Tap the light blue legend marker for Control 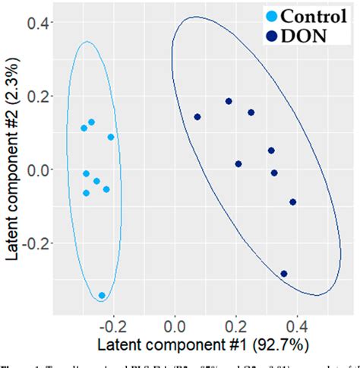click(270, 15)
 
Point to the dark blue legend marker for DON click(270, 34)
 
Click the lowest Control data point click(102, 296)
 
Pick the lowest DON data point click(284, 274)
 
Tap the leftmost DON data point click(197, 117)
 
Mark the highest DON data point click(229, 101)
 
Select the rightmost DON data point click(293, 202)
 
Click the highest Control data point click(92, 122)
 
